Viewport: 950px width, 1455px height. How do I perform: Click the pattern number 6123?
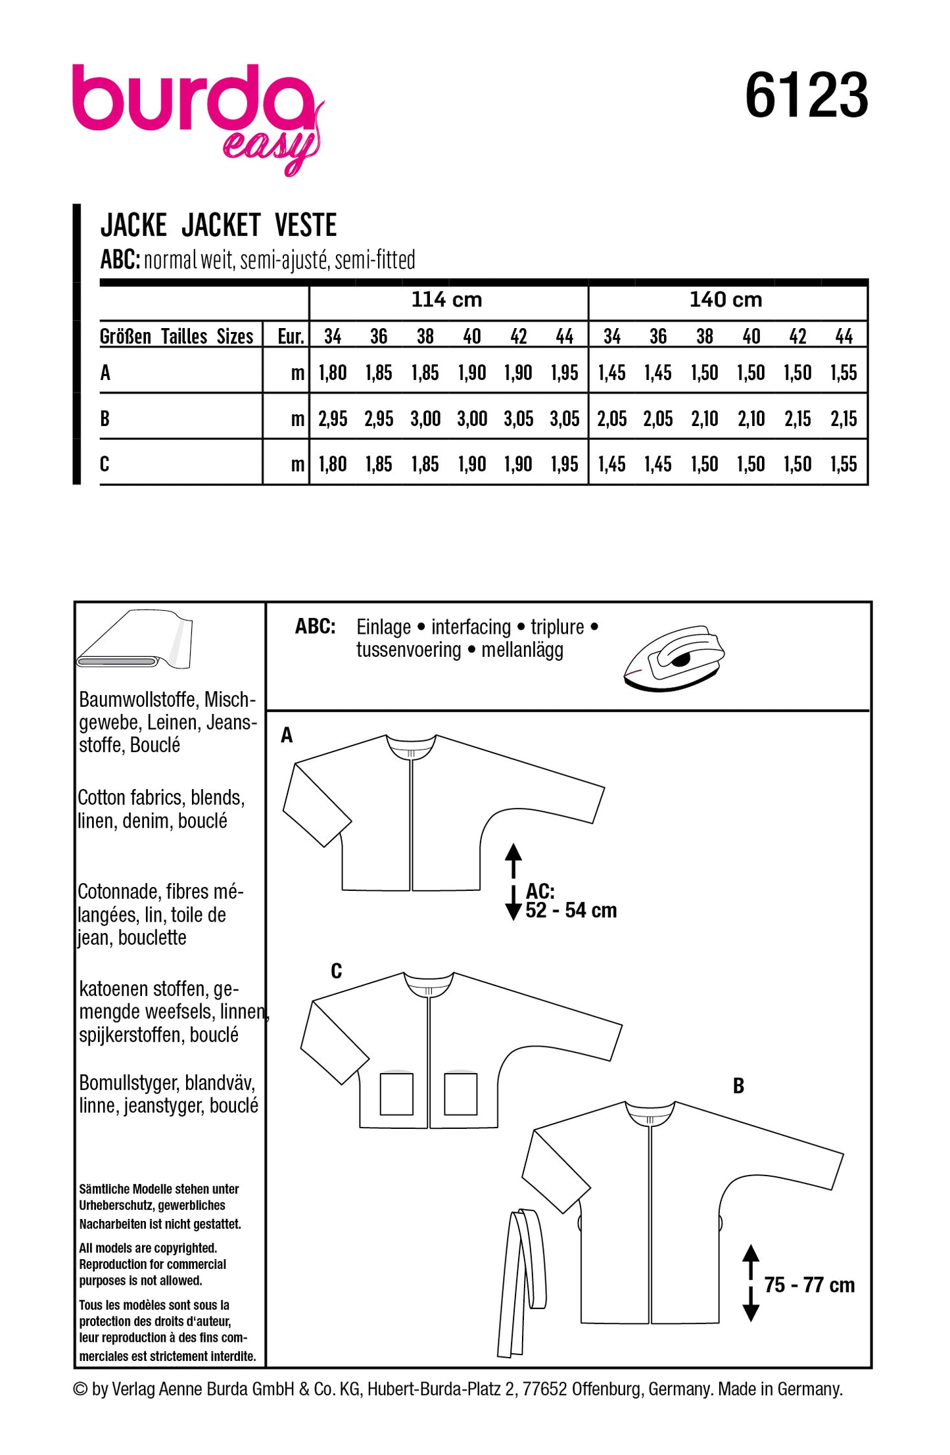click(x=806, y=96)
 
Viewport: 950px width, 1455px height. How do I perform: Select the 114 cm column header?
click(x=446, y=300)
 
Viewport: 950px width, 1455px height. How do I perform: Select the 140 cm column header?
click(x=725, y=300)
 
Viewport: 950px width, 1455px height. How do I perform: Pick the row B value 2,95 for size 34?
click(x=333, y=419)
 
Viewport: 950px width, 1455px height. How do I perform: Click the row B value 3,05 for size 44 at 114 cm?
click(x=565, y=419)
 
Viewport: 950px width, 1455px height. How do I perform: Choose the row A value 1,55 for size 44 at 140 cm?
click(x=843, y=373)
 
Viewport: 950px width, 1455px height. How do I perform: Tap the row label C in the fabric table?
click(x=105, y=464)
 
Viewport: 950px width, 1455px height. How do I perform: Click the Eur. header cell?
click(x=291, y=337)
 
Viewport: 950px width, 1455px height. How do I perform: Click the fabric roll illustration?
click(x=134, y=640)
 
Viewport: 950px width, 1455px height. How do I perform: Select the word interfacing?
click(x=471, y=627)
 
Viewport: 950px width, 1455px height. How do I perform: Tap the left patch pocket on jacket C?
click(x=396, y=1094)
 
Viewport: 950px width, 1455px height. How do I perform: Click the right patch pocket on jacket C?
click(x=460, y=1094)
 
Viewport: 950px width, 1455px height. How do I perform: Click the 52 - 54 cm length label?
click(x=571, y=911)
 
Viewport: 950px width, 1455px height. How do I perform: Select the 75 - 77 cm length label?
click(x=809, y=1285)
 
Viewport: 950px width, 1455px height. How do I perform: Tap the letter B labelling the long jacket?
click(x=738, y=1087)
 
